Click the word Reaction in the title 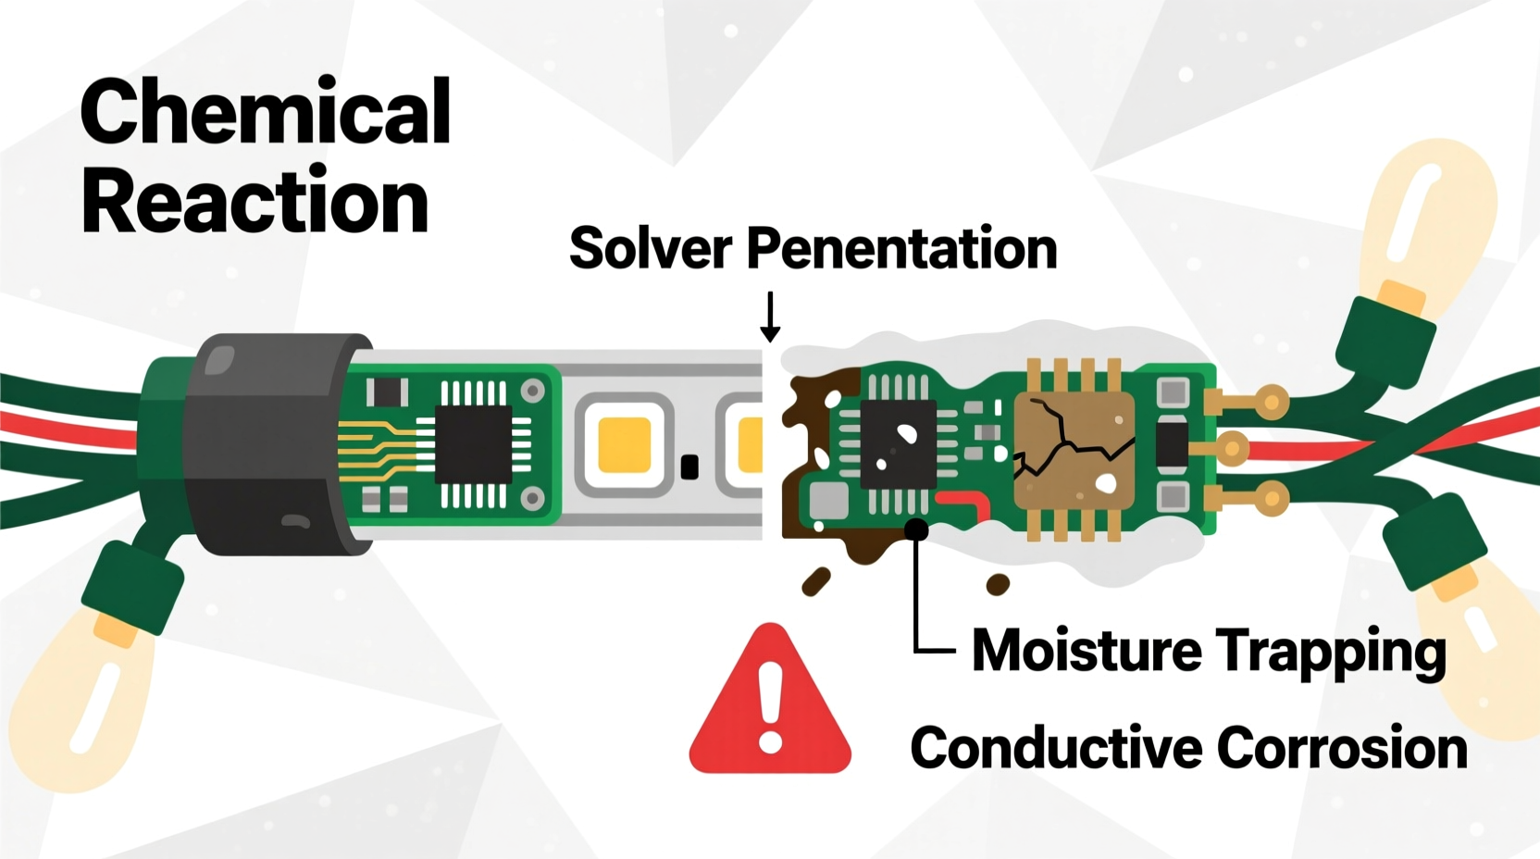click(255, 199)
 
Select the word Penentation click(902, 248)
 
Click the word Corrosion click(1342, 748)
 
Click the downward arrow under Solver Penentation click(770, 317)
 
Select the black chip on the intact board click(474, 444)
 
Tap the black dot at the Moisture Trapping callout click(915, 529)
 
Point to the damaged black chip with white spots click(898, 444)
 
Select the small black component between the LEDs click(689, 467)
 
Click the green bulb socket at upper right click(1385, 343)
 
